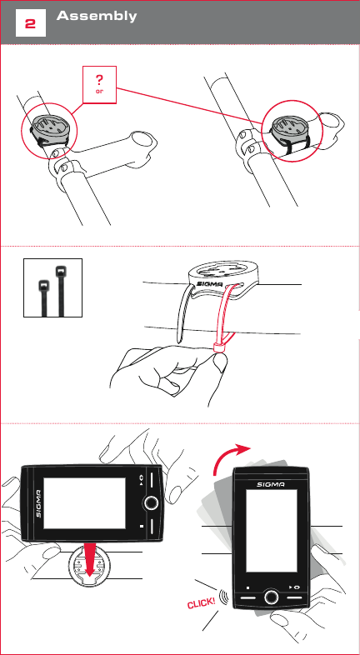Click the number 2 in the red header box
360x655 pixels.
tap(30, 24)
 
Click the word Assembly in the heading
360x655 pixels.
tap(96, 17)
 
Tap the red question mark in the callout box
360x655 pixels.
tap(100, 79)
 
